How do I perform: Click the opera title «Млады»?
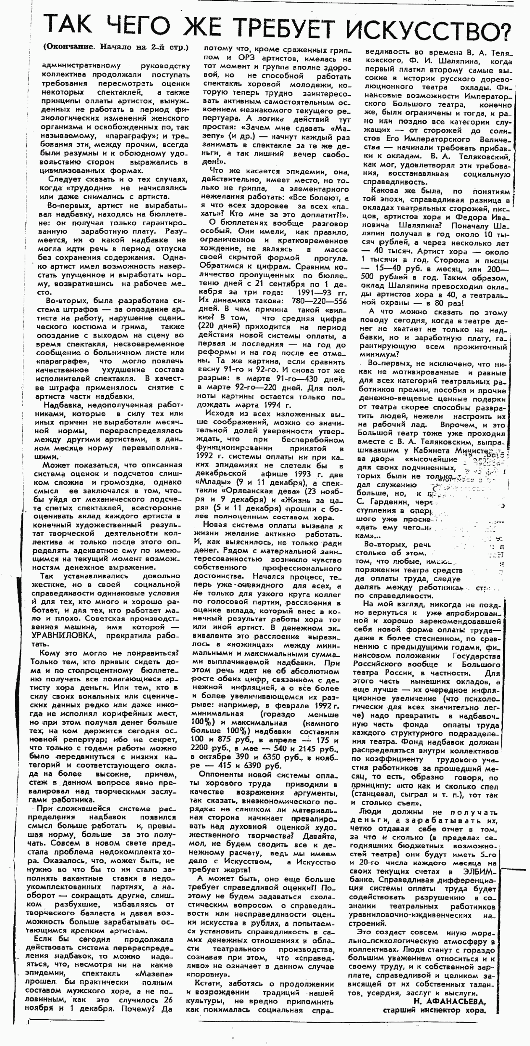click(211, 483)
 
